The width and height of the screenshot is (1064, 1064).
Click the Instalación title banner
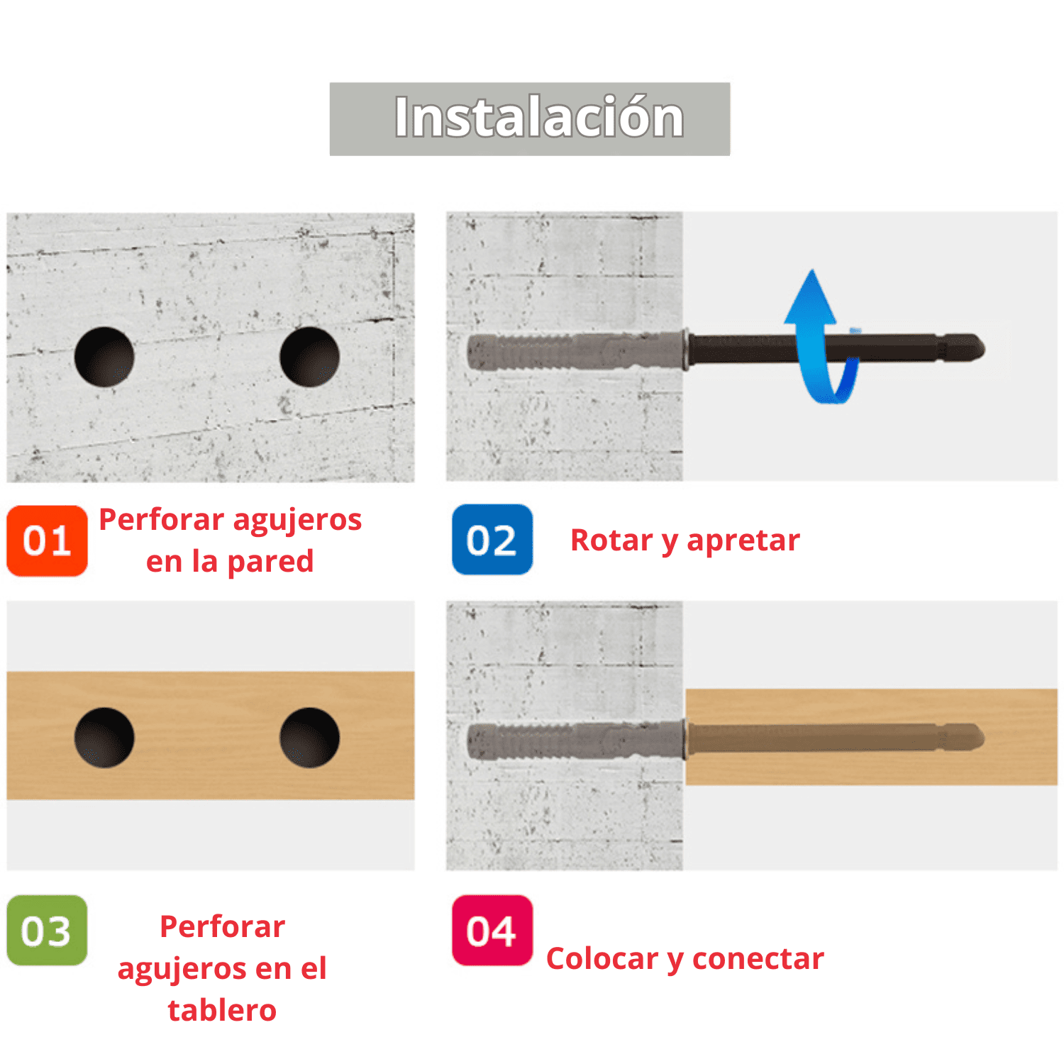pos(529,118)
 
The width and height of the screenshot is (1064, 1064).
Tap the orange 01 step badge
pos(47,541)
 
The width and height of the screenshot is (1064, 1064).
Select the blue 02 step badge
pos(492,540)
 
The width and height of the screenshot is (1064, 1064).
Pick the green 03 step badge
pos(47,931)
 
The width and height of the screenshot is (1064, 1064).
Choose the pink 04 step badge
pos(492,931)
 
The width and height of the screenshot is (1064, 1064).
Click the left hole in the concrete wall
pos(104,357)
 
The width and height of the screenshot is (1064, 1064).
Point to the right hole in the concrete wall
pos(310,357)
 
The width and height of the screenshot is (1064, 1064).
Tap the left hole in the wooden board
pos(104,737)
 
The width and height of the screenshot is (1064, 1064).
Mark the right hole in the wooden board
pos(310,737)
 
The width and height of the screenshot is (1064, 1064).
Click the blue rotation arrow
pos(816,333)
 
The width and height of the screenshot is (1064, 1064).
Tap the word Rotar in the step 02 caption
pos(611,541)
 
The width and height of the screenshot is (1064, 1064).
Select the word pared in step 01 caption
pos(270,562)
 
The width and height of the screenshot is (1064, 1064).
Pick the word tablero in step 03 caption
pos(222,1010)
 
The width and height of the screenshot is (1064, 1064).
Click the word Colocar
pos(602,959)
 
